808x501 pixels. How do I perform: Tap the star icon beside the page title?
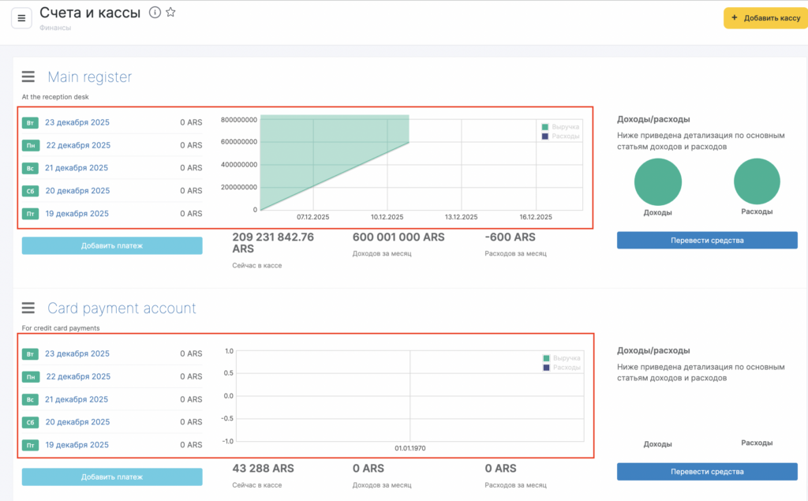point(170,13)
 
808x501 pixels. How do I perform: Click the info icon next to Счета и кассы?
point(155,13)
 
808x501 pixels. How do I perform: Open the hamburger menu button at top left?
point(21,18)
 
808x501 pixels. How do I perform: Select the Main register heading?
point(89,77)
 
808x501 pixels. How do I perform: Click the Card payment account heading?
point(122,308)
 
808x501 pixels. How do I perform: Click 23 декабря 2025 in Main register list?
point(77,122)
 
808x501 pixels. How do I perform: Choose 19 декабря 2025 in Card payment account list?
point(77,445)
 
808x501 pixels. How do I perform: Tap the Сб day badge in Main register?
point(30,191)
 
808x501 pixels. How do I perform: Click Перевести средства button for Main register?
point(707,241)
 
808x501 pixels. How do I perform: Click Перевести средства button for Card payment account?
point(707,472)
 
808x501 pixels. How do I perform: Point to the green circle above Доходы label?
point(657,181)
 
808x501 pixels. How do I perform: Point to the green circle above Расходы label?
point(757,181)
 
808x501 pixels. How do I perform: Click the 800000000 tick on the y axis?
point(239,120)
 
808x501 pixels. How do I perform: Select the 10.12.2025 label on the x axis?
point(387,217)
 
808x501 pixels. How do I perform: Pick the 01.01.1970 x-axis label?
point(410,448)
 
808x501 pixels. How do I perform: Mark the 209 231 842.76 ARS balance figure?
point(273,243)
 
